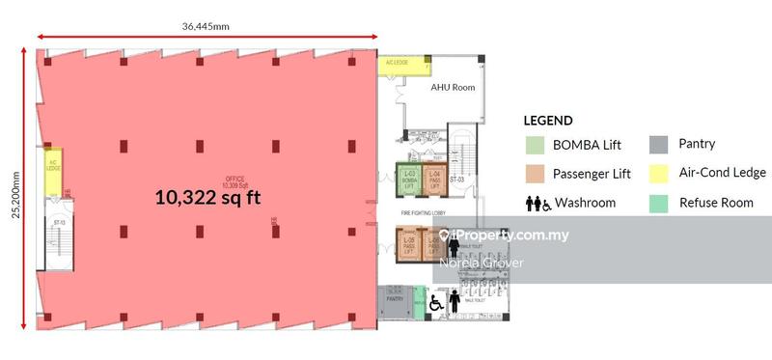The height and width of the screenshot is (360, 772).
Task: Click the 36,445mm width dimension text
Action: click(208, 26)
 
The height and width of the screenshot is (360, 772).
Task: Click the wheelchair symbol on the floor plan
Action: click(435, 303)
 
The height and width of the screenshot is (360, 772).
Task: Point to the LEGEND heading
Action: click(547, 121)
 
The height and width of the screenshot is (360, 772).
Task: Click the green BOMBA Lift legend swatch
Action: click(533, 146)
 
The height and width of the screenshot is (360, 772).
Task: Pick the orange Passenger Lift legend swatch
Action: click(533, 175)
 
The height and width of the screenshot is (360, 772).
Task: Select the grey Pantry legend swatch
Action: click(657, 145)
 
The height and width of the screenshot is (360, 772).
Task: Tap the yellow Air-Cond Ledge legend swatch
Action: click(657, 174)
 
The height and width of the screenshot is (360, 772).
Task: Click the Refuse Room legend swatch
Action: click(657, 204)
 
